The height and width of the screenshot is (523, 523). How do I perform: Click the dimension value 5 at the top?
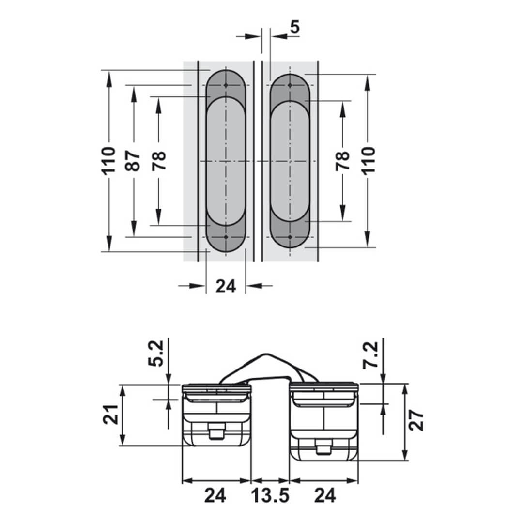tap(294, 27)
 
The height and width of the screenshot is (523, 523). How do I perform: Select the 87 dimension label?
tap(134, 160)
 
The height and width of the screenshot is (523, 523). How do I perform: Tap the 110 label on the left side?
tap(108, 160)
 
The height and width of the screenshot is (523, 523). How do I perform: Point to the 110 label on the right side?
tap(368, 160)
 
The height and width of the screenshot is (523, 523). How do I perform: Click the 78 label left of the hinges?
tap(159, 160)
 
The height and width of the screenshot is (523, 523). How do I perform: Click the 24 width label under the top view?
tap(225, 286)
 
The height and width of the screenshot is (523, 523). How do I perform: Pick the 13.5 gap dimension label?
tap(270, 495)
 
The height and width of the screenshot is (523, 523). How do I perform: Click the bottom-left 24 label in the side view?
tap(215, 495)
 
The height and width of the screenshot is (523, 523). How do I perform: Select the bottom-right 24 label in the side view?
tap(325, 495)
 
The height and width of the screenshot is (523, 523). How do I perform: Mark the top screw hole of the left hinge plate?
tap(226, 85)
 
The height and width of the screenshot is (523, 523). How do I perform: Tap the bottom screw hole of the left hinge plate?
tap(226, 237)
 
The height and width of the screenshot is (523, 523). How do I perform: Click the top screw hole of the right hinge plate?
tap(290, 85)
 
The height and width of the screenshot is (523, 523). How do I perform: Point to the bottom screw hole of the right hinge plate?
tap(290, 237)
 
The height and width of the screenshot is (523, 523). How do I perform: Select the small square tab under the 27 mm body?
tap(322, 450)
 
